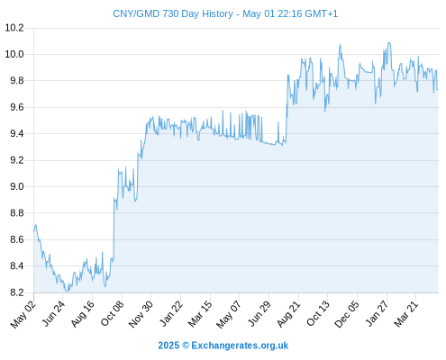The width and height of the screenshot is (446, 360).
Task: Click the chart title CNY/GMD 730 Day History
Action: [x=173, y=13]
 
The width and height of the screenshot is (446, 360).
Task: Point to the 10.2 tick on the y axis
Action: [x=14, y=28]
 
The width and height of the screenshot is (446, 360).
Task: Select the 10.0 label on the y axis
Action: [x=14, y=54]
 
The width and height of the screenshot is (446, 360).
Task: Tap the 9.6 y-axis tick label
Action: [x=17, y=107]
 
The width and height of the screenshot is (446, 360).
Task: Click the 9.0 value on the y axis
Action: [x=17, y=186]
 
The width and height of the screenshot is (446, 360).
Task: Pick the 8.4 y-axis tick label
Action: [x=17, y=265]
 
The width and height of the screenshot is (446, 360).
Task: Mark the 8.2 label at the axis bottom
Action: [x=17, y=292]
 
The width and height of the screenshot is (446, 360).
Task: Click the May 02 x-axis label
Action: [x=23, y=314]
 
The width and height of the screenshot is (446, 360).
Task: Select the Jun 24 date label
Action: [x=53, y=314]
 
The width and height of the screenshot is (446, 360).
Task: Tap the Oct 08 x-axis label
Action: [x=112, y=314]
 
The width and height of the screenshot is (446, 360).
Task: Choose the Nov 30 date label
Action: [x=141, y=314]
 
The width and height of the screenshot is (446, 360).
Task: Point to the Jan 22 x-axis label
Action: [x=171, y=314]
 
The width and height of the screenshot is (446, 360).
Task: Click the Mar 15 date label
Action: [x=200, y=314]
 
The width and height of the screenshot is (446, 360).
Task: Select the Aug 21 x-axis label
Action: [x=288, y=314]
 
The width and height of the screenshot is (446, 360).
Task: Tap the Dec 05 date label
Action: [x=347, y=314]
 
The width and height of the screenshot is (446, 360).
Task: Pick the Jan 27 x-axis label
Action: [x=377, y=314]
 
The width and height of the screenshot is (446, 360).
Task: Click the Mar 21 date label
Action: [x=406, y=314]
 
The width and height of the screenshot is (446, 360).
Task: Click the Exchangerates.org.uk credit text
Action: [x=240, y=346]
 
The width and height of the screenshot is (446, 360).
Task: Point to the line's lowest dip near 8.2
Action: [x=67, y=291]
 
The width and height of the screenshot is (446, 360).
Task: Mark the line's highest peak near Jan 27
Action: [x=389, y=42]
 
